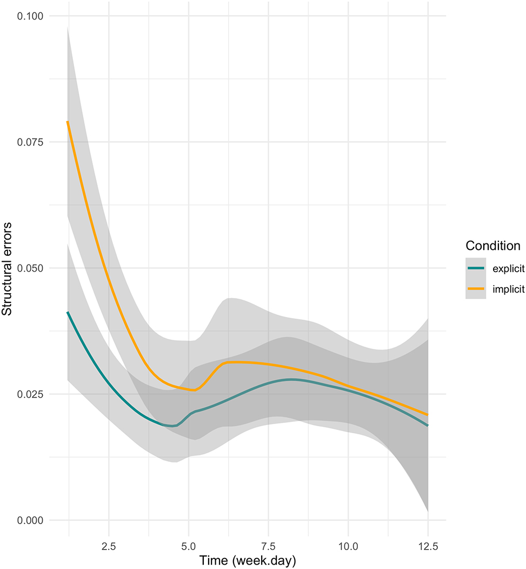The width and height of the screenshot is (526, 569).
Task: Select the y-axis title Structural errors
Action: point(8,268)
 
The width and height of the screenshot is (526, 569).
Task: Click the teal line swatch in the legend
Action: point(476,268)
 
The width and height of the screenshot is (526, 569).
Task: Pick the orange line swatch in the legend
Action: point(476,289)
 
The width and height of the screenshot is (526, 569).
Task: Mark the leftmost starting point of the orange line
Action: point(68,122)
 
